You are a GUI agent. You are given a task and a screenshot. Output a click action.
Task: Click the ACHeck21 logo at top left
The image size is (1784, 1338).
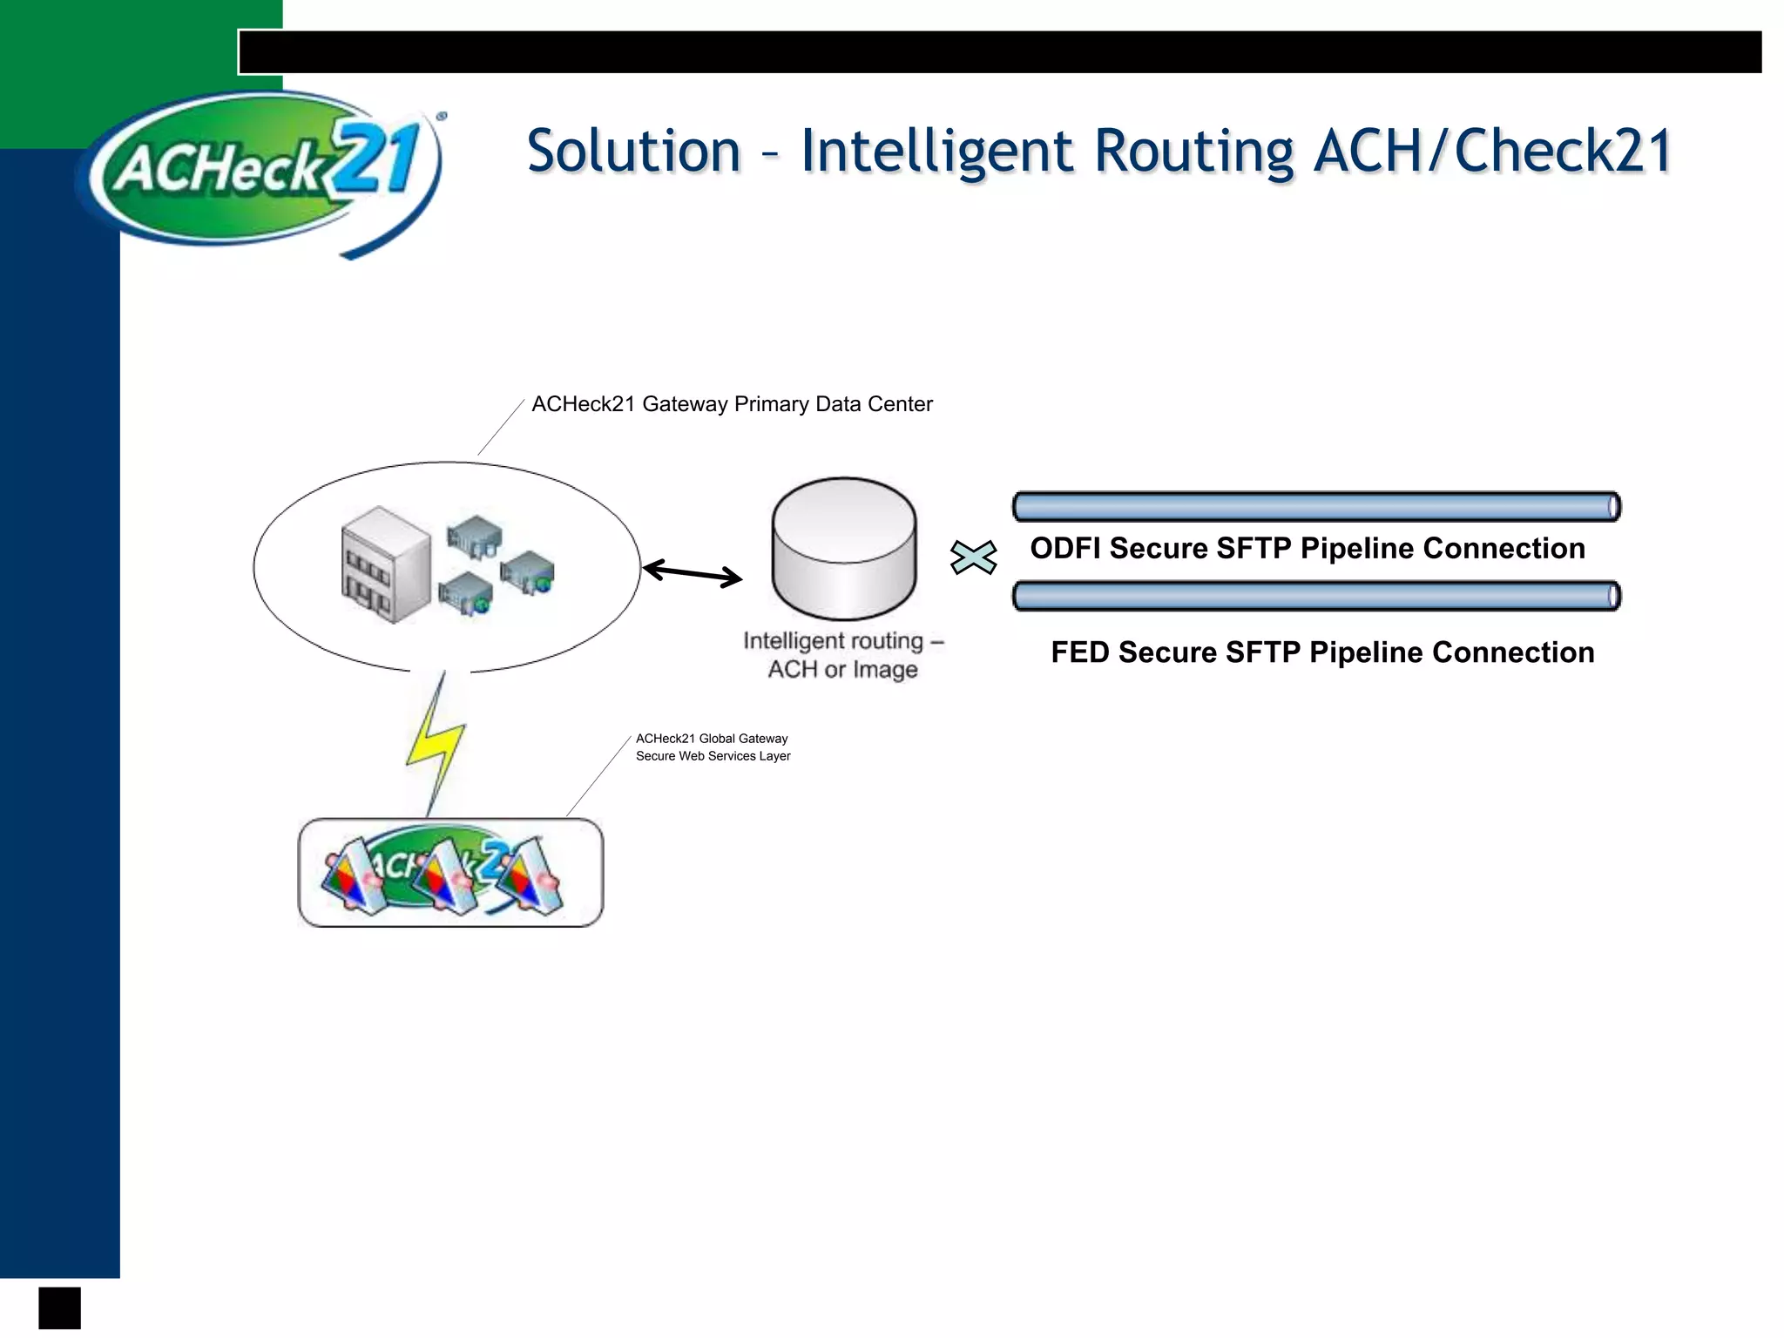(261, 170)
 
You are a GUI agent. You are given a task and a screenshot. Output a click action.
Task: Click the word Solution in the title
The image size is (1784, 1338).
(633, 152)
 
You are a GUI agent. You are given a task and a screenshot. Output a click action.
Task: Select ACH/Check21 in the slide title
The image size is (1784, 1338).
(1492, 152)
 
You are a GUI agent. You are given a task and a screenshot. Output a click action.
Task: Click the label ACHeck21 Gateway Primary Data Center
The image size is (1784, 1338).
(732, 404)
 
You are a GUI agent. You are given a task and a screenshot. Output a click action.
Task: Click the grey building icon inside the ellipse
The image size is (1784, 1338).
(386, 564)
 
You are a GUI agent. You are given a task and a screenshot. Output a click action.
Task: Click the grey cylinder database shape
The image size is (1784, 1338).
(843, 549)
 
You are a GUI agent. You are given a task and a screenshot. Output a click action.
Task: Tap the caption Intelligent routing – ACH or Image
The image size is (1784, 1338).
(842, 655)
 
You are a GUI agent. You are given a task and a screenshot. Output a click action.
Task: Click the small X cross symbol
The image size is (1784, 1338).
(973, 557)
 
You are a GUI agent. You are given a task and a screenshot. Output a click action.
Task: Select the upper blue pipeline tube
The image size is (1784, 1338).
(1315, 507)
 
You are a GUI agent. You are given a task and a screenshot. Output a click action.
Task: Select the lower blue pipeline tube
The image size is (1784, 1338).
(1315, 597)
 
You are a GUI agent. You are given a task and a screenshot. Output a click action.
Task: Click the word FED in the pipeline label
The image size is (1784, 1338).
(1079, 652)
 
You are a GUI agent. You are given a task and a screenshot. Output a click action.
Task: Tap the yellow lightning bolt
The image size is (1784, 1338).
(436, 745)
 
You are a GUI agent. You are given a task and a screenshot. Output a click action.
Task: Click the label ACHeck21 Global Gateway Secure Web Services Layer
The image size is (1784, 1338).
(713, 747)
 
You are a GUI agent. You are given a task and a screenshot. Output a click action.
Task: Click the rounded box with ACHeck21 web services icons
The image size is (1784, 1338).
(450, 873)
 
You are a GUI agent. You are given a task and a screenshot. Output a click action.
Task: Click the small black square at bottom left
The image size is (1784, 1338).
(59, 1308)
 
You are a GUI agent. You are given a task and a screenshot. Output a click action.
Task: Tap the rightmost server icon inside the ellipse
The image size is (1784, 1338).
(528, 572)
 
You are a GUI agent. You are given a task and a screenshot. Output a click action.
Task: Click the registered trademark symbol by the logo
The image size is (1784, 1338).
(442, 116)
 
